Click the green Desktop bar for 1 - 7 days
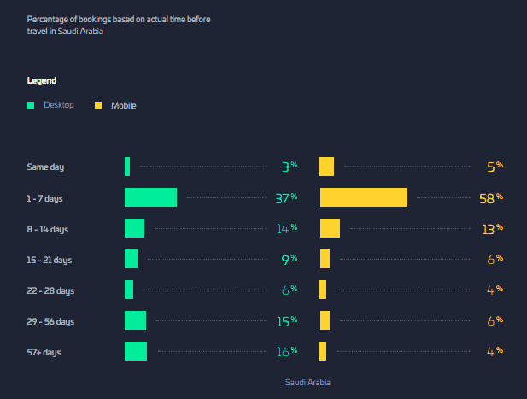[x=150, y=197]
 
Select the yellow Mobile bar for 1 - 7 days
[x=364, y=197]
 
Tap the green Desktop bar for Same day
[x=127, y=167]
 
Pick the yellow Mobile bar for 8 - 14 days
[x=330, y=228]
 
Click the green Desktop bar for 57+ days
[x=136, y=351]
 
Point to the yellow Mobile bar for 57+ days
[x=323, y=351]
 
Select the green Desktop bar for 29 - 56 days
[x=136, y=320]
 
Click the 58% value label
[x=491, y=198]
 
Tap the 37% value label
[x=286, y=198]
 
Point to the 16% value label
[x=287, y=351]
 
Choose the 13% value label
[x=492, y=229]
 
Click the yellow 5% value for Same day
[x=495, y=167]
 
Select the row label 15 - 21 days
[x=49, y=261]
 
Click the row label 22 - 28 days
[x=50, y=290]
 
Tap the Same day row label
[x=45, y=167]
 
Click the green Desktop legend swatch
[x=31, y=105]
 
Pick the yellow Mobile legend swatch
[x=98, y=105]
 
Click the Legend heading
[x=42, y=80]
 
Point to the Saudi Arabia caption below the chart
[x=307, y=382]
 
